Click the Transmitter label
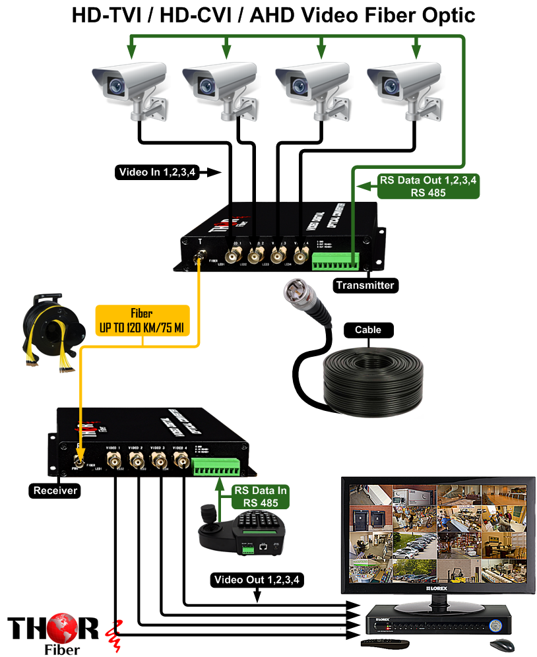364,286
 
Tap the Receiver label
55,490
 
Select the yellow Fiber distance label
142,320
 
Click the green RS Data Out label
427,186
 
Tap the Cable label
367,330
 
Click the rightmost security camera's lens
395,85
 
